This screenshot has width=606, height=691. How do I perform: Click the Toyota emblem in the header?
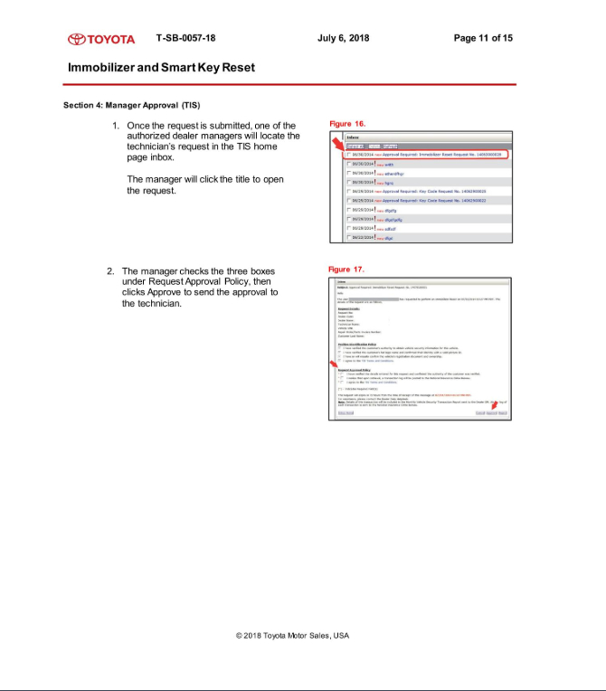[x=76, y=39]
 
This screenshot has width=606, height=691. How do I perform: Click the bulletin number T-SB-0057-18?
[x=185, y=38]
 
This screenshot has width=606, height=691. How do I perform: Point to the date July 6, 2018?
[x=344, y=38]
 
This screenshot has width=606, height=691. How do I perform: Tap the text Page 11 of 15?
[x=483, y=38]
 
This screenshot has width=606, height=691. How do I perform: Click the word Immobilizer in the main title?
[x=104, y=68]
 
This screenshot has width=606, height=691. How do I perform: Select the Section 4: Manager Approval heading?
[x=131, y=105]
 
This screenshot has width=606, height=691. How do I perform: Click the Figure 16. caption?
[x=347, y=123]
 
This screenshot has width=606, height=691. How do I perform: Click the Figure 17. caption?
[x=346, y=270]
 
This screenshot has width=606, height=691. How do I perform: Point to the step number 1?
[x=116, y=126]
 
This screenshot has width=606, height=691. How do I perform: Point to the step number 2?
[x=110, y=271]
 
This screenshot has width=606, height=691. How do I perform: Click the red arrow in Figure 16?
[x=338, y=147]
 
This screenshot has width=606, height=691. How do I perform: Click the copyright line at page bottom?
[x=292, y=635]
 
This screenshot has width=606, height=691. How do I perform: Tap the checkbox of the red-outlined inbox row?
[x=349, y=155]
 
